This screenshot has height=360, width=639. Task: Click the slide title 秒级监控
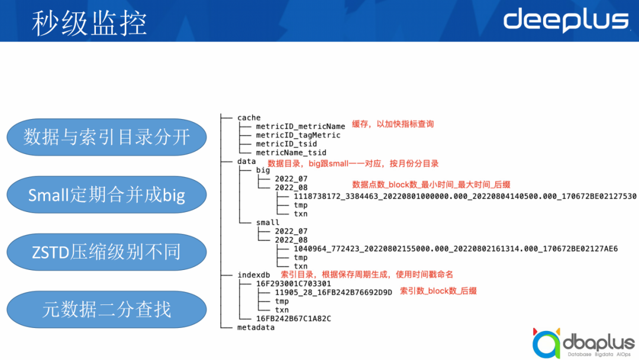89,22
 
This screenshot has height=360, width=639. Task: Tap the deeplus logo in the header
566,20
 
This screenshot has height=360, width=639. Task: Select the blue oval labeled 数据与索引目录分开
106,137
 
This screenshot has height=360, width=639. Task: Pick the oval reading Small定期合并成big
106,195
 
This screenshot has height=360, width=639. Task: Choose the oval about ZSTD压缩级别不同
106,252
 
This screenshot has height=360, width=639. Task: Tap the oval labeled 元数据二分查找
106,309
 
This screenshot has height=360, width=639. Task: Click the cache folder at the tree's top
248,118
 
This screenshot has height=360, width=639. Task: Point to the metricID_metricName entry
300,126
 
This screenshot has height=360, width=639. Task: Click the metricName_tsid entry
291,152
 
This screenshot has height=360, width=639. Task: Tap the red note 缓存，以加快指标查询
393,124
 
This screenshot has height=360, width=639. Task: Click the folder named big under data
263,170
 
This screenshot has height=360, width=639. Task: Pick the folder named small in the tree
267,223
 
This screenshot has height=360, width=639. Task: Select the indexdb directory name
253,275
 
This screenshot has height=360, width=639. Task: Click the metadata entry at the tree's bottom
256,327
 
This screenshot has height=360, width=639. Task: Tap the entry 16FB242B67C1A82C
293,319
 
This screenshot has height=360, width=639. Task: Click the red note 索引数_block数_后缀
438,291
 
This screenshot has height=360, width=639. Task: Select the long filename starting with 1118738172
464,196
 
